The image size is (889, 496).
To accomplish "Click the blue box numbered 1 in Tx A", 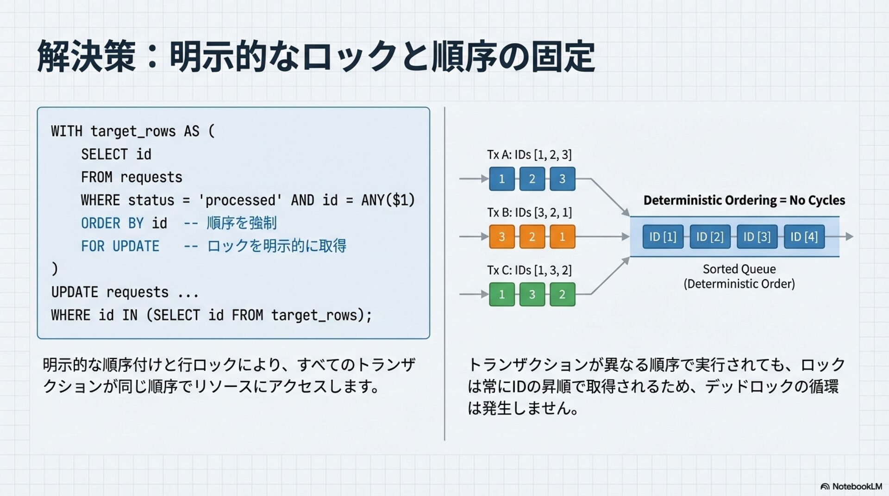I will point(502,179).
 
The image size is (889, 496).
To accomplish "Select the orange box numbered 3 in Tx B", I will point(502,237).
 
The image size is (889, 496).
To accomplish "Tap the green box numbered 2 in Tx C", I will point(562,294).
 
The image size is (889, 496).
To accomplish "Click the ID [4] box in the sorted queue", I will point(804,237).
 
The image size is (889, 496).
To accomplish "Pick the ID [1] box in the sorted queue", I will point(663,237).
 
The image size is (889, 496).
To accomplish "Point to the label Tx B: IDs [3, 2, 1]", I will point(529,212).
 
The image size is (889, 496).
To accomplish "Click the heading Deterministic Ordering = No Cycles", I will point(744,200).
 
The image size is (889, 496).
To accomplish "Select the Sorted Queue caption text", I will point(739,276).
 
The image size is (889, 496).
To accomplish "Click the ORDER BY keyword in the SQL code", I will point(112,223).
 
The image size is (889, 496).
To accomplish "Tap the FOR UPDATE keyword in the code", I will point(120,246).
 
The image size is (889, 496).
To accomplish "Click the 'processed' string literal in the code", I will point(240,200).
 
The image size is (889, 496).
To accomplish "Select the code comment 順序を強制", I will point(241,223).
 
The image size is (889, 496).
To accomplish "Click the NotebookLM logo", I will point(851,486).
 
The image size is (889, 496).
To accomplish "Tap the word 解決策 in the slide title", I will point(87,56).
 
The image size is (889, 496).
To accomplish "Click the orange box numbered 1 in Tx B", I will point(562,237).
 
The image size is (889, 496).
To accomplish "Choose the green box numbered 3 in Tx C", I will point(532,294).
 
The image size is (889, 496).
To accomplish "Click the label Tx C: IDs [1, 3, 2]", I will point(529,270).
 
